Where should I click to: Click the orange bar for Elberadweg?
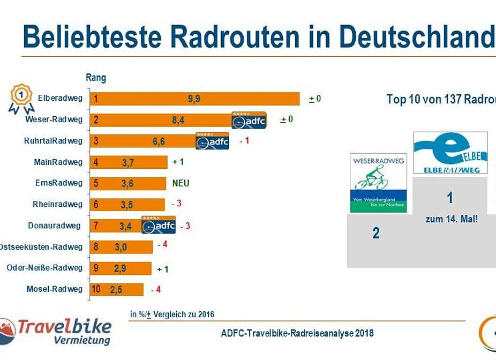(x=195, y=99)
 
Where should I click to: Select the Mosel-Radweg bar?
(x=117, y=289)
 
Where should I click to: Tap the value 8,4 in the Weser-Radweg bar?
(x=178, y=121)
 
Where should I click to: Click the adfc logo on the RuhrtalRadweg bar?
(x=212, y=141)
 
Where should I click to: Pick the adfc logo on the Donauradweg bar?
(x=159, y=226)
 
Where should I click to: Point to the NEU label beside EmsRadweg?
(x=181, y=183)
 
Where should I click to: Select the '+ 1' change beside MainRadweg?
(x=178, y=162)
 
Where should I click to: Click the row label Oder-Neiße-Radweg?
(x=44, y=268)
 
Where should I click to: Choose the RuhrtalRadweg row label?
(x=53, y=141)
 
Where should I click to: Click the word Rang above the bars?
(x=96, y=78)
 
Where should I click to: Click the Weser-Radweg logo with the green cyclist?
(x=378, y=182)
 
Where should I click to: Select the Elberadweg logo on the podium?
(x=450, y=153)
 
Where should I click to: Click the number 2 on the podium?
(x=376, y=233)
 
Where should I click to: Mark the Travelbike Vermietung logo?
(x=56, y=331)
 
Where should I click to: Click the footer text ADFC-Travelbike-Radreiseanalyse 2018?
(x=297, y=333)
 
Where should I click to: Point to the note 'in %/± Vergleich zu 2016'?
(x=172, y=314)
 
